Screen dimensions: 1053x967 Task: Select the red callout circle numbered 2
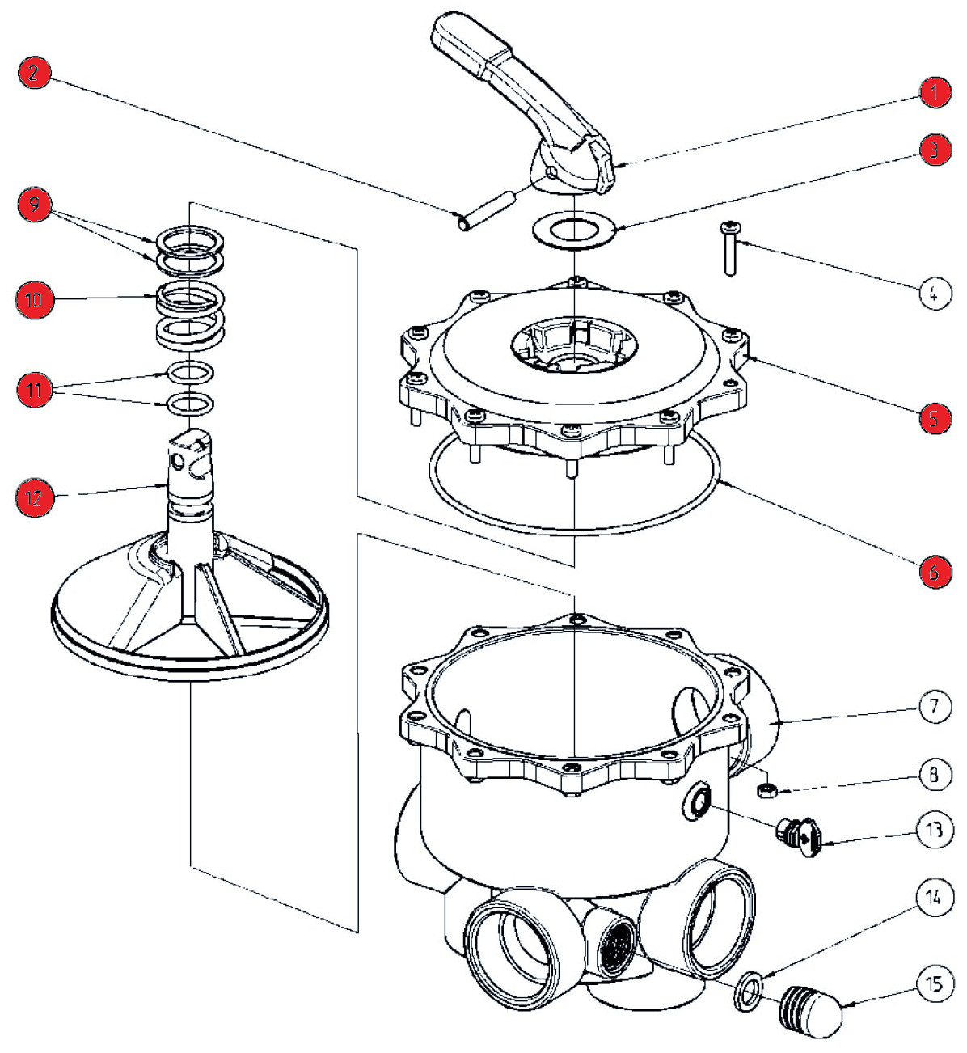(34, 74)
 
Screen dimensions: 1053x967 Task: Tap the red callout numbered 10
(34, 300)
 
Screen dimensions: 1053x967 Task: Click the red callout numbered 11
(34, 391)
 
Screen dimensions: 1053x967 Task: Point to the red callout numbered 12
(34, 497)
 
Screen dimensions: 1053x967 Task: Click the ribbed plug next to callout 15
(810, 1008)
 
